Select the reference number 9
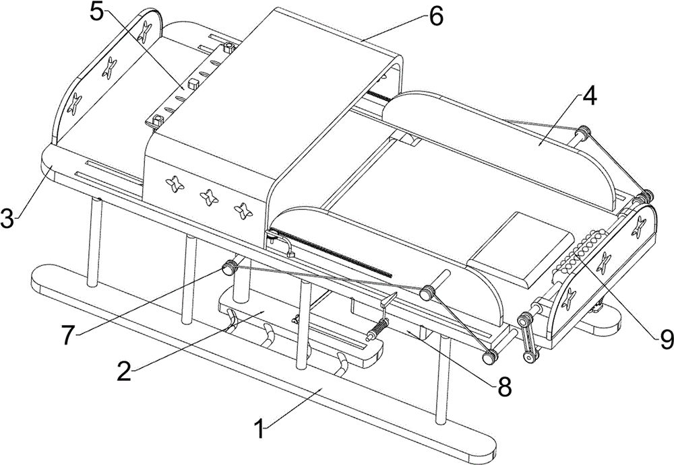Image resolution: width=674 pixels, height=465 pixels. (x=665, y=340)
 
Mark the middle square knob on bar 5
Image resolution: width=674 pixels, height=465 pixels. (x=191, y=84)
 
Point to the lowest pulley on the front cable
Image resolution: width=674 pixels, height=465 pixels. (x=488, y=357)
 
